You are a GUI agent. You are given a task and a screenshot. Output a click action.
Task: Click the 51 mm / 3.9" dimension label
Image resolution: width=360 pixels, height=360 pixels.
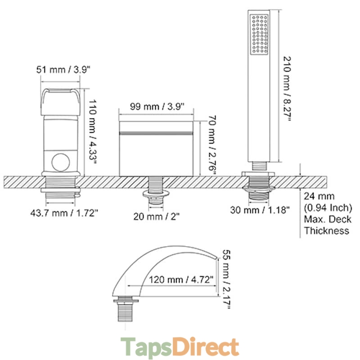(63, 69)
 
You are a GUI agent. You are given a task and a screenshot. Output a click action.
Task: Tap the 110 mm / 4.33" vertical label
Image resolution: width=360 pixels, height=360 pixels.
(93, 131)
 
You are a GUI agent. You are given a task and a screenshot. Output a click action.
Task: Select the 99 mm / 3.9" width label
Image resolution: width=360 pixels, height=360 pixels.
(157, 107)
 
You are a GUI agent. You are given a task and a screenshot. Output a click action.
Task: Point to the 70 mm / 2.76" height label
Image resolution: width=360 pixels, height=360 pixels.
(212, 146)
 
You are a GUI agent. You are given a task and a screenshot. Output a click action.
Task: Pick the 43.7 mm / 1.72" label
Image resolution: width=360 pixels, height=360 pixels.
(64, 213)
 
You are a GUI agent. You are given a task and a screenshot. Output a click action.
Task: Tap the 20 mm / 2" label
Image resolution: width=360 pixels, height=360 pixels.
(156, 216)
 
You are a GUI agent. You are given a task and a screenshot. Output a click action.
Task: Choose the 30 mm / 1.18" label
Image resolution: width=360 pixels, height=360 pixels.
(260, 210)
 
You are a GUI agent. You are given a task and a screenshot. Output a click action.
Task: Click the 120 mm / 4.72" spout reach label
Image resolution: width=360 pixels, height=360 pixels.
(181, 279)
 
